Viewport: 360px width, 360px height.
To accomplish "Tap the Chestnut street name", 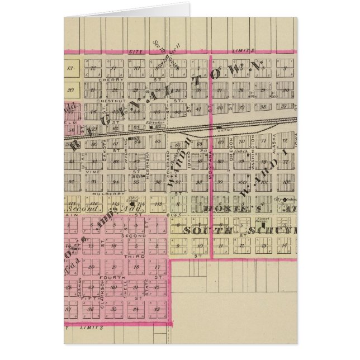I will (x=106, y=101).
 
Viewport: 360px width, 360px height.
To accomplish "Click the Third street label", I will (x=129, y=256).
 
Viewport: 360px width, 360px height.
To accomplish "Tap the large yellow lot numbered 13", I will (x=70, y=69).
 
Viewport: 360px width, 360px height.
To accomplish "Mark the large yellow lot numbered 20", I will (x=70, y=89).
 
